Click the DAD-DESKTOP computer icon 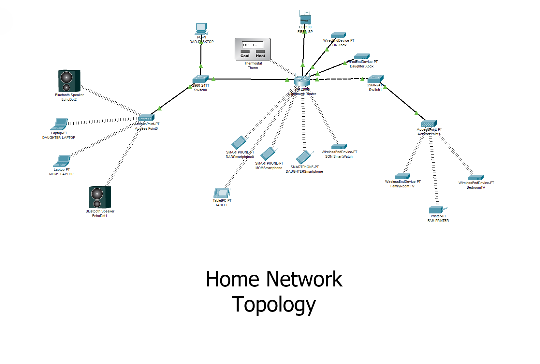[x=201, y=29]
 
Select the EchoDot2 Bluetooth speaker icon [x=69, y=81]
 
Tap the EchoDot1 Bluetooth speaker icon [x=100, y=197]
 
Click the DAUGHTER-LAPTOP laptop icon [x=60, y=124]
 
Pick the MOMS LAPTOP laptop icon [x=62, y=161]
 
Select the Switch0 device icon [x=200, y=79]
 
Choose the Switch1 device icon [x=375, y=79]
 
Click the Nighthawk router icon [x=302, y=81]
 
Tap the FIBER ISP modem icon [x=305, y=19]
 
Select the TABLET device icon [x=222, y=193]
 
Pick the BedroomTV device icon [x=476, y=178]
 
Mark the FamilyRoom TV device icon [x=402, y=176]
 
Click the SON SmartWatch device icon [x=339, y=147]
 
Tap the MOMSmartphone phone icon [x=269, y=153]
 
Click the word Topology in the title [x=273, y=304]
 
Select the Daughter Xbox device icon [x=362, y=56]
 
